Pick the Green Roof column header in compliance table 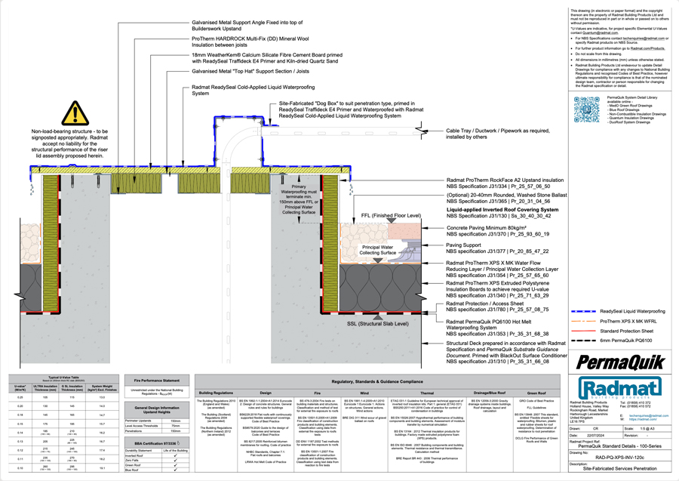point(538,393)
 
